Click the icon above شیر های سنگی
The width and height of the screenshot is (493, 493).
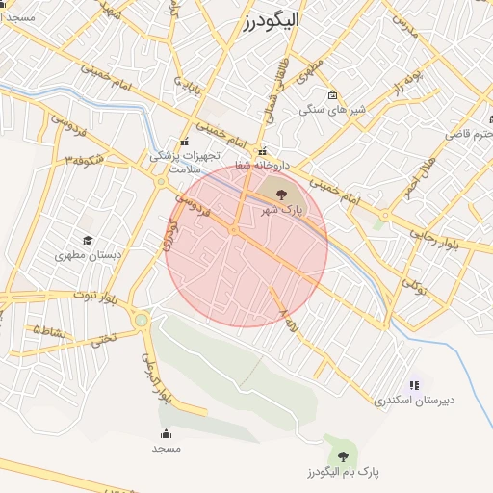pos(332,95)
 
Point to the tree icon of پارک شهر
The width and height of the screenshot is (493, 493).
pos(281,195)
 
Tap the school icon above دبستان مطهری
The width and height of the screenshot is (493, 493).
pos(88,240)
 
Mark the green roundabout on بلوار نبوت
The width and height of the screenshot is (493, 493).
pos(143,319)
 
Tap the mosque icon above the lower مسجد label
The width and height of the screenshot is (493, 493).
pos(166,433)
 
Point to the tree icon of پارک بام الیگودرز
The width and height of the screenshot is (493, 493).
pos(343,456)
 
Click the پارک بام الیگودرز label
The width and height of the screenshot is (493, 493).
pos(344,473)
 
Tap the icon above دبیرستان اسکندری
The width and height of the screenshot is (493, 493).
pos(414,384)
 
